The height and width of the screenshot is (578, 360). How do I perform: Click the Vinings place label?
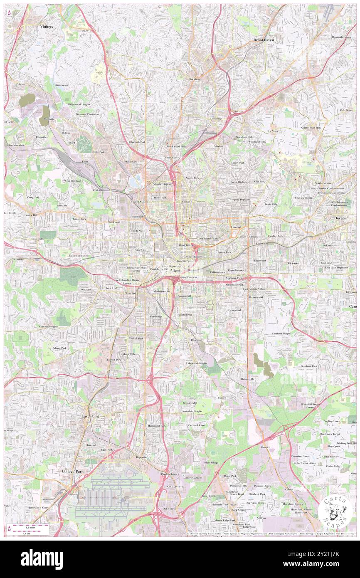tap(47, 26)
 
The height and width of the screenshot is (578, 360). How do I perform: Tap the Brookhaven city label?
tap(264, 40)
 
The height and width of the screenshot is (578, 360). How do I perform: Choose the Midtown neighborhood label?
tap(187, 202)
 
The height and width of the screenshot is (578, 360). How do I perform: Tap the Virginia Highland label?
tap(240, 200)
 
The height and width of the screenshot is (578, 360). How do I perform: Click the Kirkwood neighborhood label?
tap(293, 263)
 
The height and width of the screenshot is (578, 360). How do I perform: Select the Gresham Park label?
tap(309, 366)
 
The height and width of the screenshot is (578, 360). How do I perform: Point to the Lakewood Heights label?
tap(196, 363)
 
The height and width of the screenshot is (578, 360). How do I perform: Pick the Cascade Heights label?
tap(49, 326)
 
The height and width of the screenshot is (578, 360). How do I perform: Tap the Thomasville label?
tap(247, 379)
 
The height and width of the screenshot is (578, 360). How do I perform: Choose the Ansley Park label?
tap(192, 178)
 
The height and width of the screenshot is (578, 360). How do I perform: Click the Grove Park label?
tap(79, 219)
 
